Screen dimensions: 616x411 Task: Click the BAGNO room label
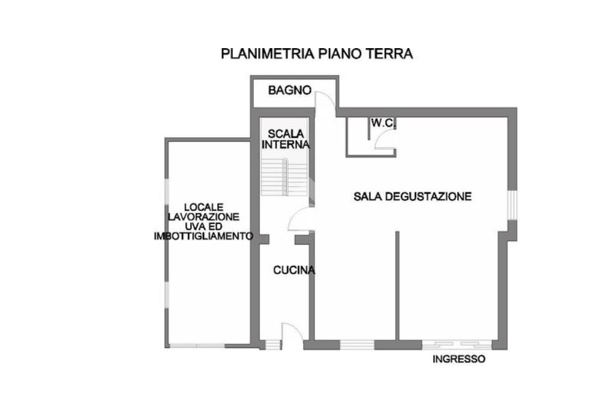(289, 91)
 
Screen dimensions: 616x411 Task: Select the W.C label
(381, 123)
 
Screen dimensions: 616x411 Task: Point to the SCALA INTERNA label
(285, 139)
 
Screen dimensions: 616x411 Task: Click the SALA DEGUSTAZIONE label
(412, 196)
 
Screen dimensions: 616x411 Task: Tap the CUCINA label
(294, 271)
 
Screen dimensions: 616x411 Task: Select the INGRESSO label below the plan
(459, 360)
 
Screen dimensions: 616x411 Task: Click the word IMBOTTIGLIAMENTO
(203, 236)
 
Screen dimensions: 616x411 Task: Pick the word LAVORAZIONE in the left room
(203, 217)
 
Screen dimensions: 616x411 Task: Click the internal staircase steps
(285, 178)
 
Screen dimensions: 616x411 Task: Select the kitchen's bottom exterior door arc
(290, 333)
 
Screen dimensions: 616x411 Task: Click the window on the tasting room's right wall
(512, 205)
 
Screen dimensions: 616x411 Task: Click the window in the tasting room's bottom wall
(357, 345)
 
